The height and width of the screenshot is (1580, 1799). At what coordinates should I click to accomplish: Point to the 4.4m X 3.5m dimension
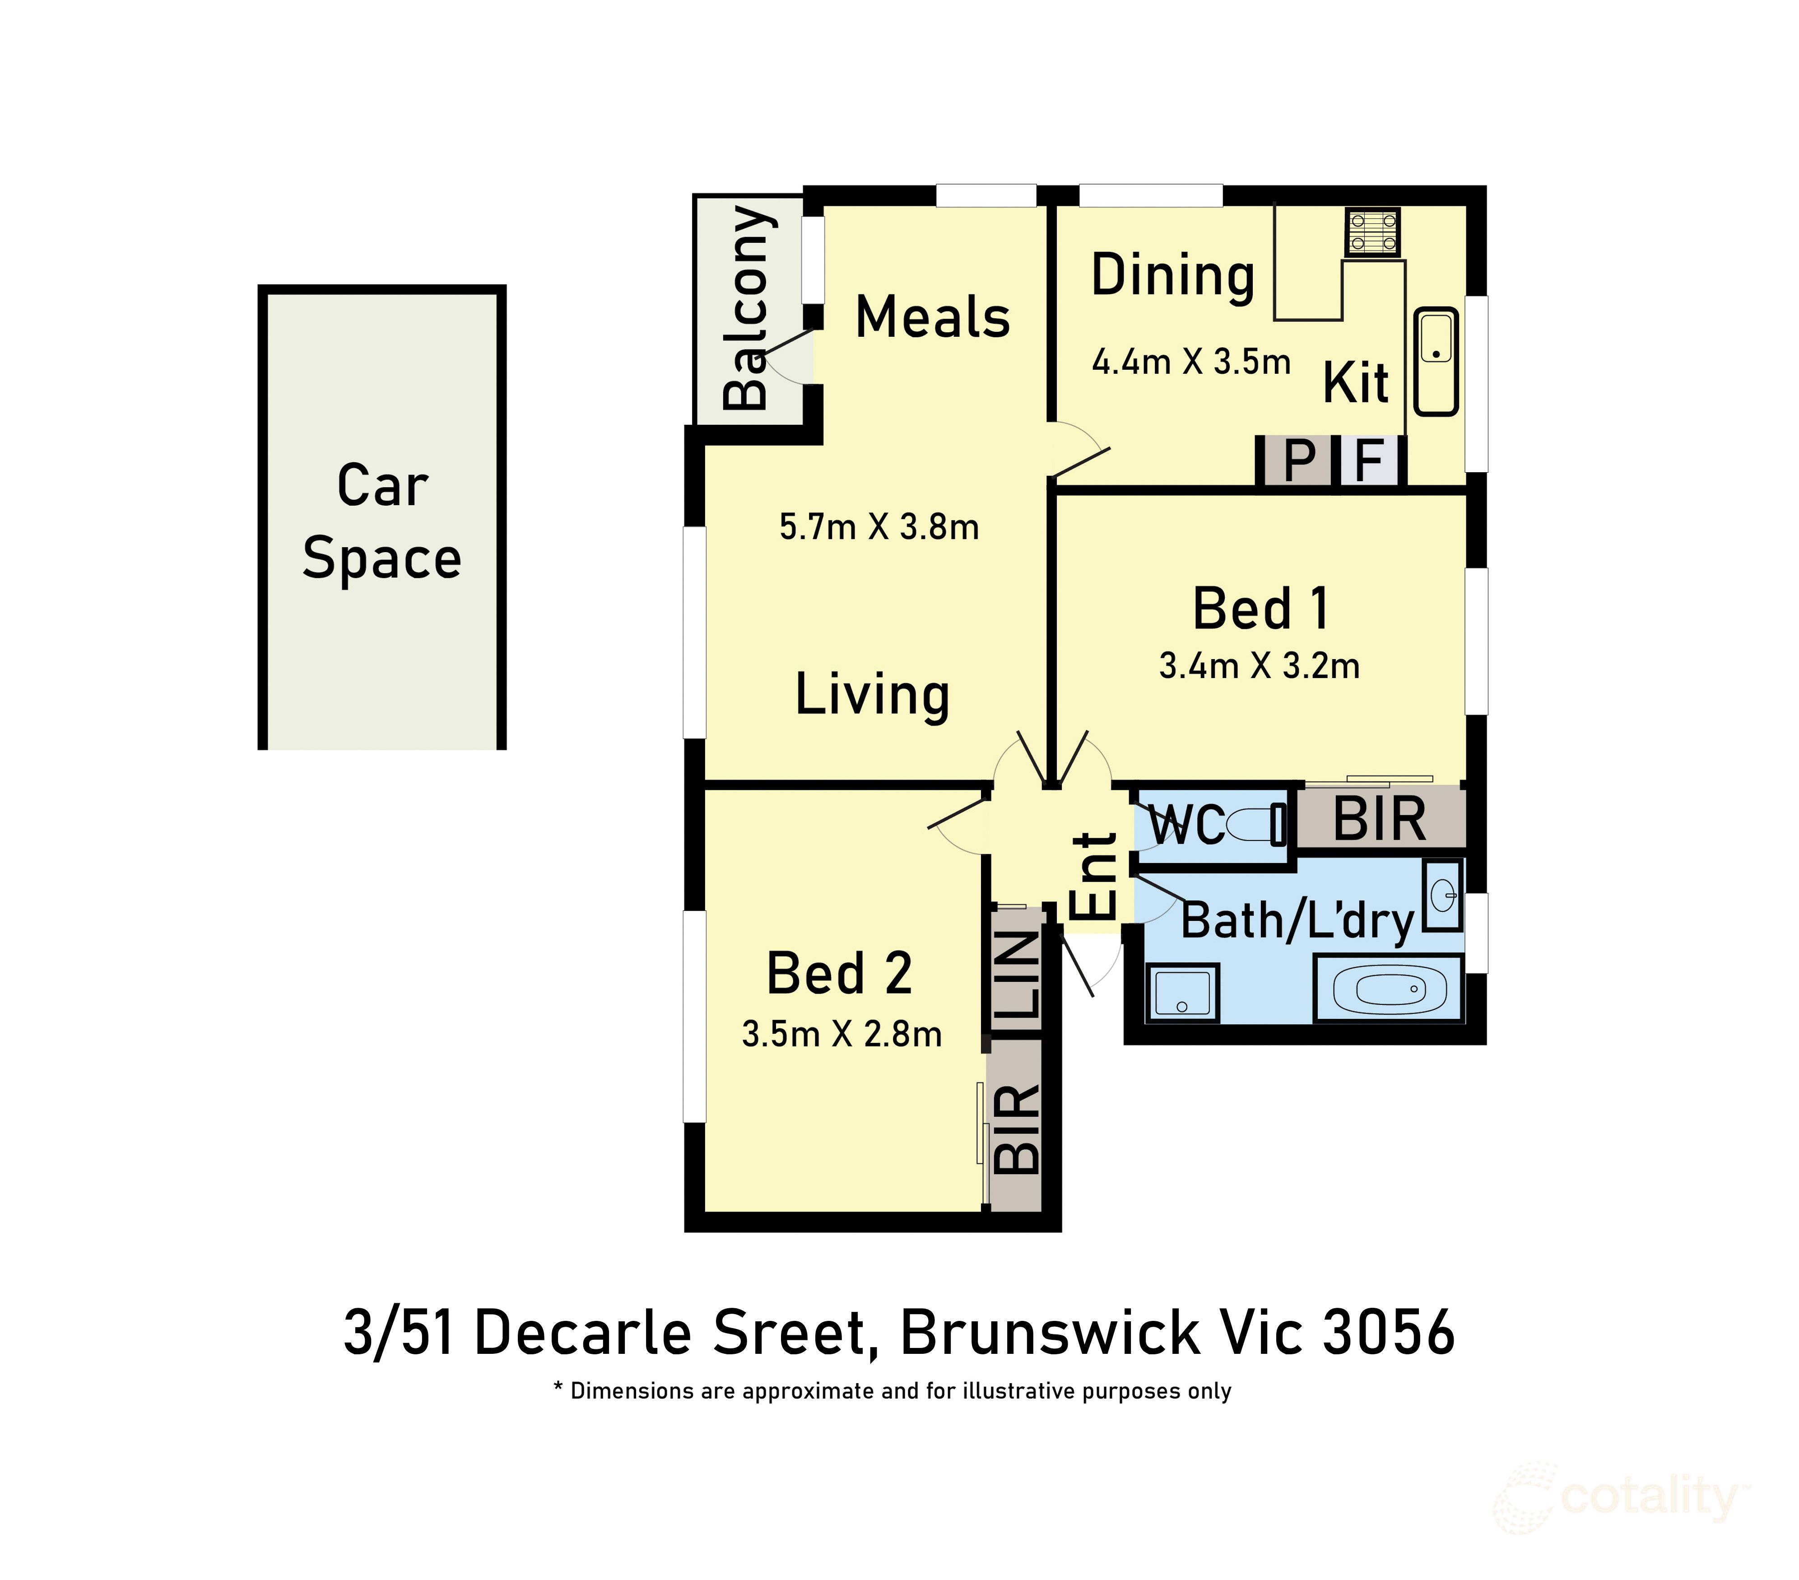pos(1191,362)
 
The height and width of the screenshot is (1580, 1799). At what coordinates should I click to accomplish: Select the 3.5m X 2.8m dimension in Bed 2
pos(841,1034)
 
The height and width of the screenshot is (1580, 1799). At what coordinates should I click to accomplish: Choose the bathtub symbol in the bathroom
pos(1390,990)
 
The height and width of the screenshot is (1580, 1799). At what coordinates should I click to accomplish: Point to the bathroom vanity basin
pos(1442,896)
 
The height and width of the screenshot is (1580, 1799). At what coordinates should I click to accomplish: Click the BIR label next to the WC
pos(1379,819)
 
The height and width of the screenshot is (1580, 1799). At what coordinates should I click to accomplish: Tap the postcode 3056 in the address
pos(1388,1333)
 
